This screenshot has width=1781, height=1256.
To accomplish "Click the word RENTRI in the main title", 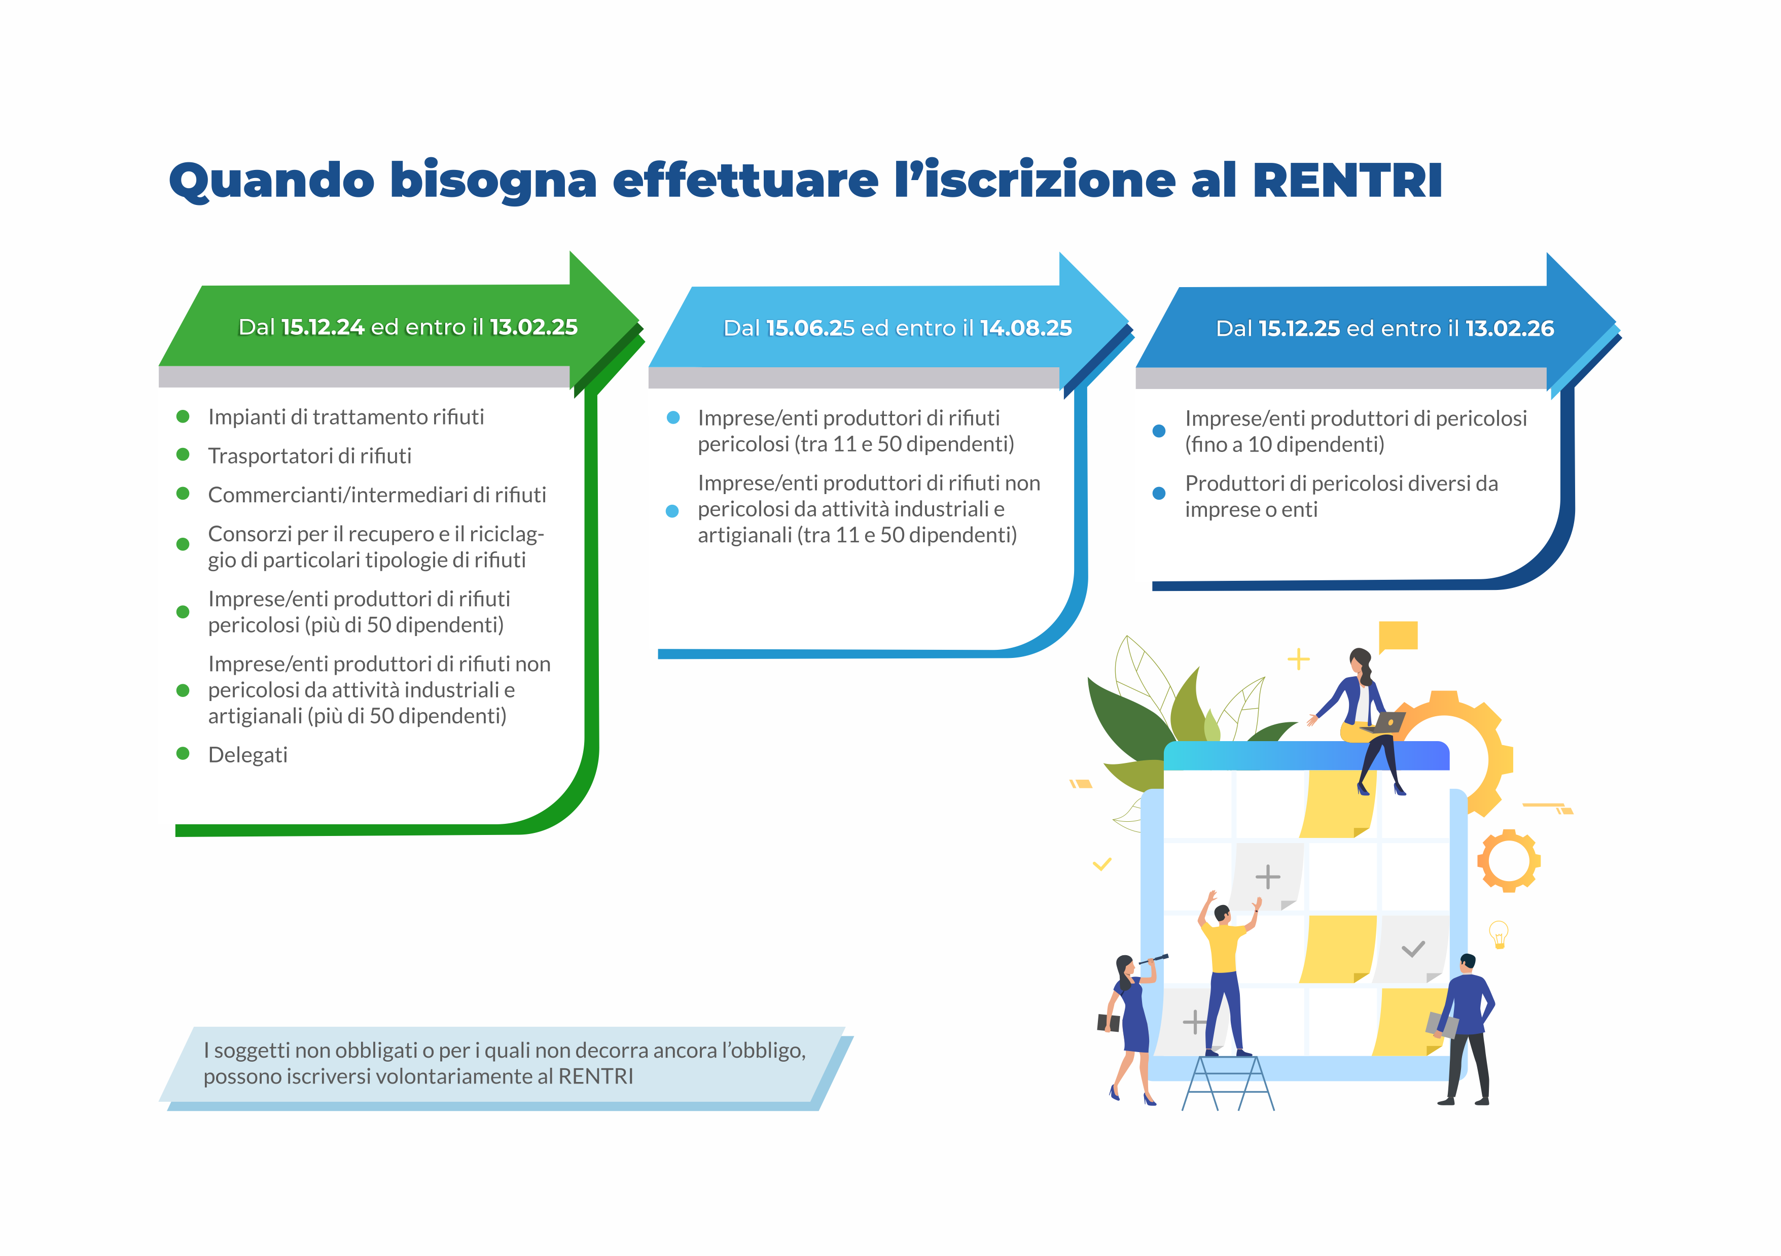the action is (1347, 181).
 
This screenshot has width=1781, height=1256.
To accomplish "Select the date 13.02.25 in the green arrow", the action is (533, 327).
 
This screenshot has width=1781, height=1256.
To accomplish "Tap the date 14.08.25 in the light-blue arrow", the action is (1025, 328).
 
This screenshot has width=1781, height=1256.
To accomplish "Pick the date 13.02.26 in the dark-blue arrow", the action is (1510, 329).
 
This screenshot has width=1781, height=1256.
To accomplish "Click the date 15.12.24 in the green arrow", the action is (323, 327).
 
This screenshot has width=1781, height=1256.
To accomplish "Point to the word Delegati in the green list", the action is (247, 755).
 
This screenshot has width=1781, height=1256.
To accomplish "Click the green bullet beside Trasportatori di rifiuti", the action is (183, 455).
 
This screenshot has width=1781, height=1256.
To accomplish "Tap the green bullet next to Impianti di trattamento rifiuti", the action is (183, 416).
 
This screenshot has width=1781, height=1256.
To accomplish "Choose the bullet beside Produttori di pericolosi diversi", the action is (1159, 494).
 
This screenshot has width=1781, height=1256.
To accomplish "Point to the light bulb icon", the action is (1499, 934).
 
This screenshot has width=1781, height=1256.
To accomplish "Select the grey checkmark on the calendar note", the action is (1413, 949).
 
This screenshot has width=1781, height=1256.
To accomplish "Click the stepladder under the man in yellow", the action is (1228, 1081).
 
